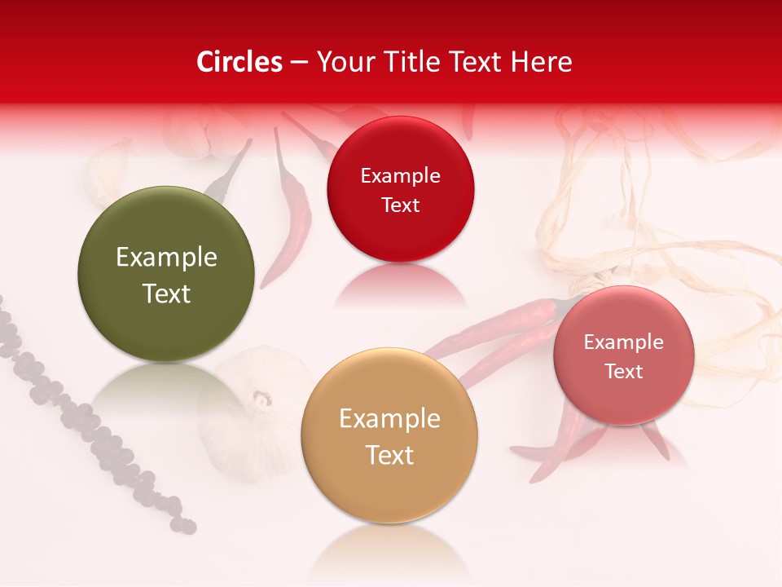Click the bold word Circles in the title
pyautogui.click(x=239, y=62)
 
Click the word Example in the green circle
pyautogui.click(x=166, y=258)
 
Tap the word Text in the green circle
pyautogui.click(x=166, y=293)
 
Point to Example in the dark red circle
pyautogui.click(x=400, y=176)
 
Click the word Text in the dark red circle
pyautogui.click(x=400, y=205)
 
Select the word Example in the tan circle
pyautogui.click(x=389, y=419)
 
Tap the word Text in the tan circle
pyautogui.click(x=389, y=455)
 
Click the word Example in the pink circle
pyautogui.click(x=624, y=342)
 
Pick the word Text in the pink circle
pyautogui.click(x=624, y=372)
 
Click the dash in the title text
pyautogui.click(x=299, y=63)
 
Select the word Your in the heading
pyautogui.click(x=341, y=62)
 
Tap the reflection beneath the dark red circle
pyautogui.click(x=399, y=285)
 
